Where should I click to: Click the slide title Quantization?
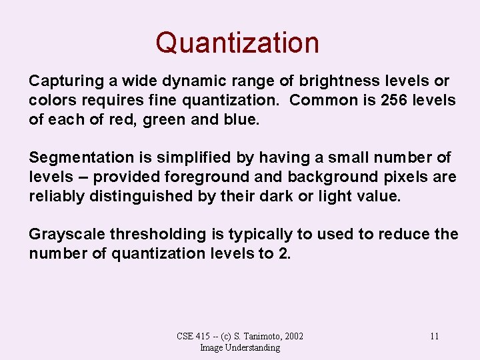237,43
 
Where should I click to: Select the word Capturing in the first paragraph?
63,81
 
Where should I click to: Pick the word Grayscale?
67,235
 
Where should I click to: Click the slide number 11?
434,336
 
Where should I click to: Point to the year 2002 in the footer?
293,336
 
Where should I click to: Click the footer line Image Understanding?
239,347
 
